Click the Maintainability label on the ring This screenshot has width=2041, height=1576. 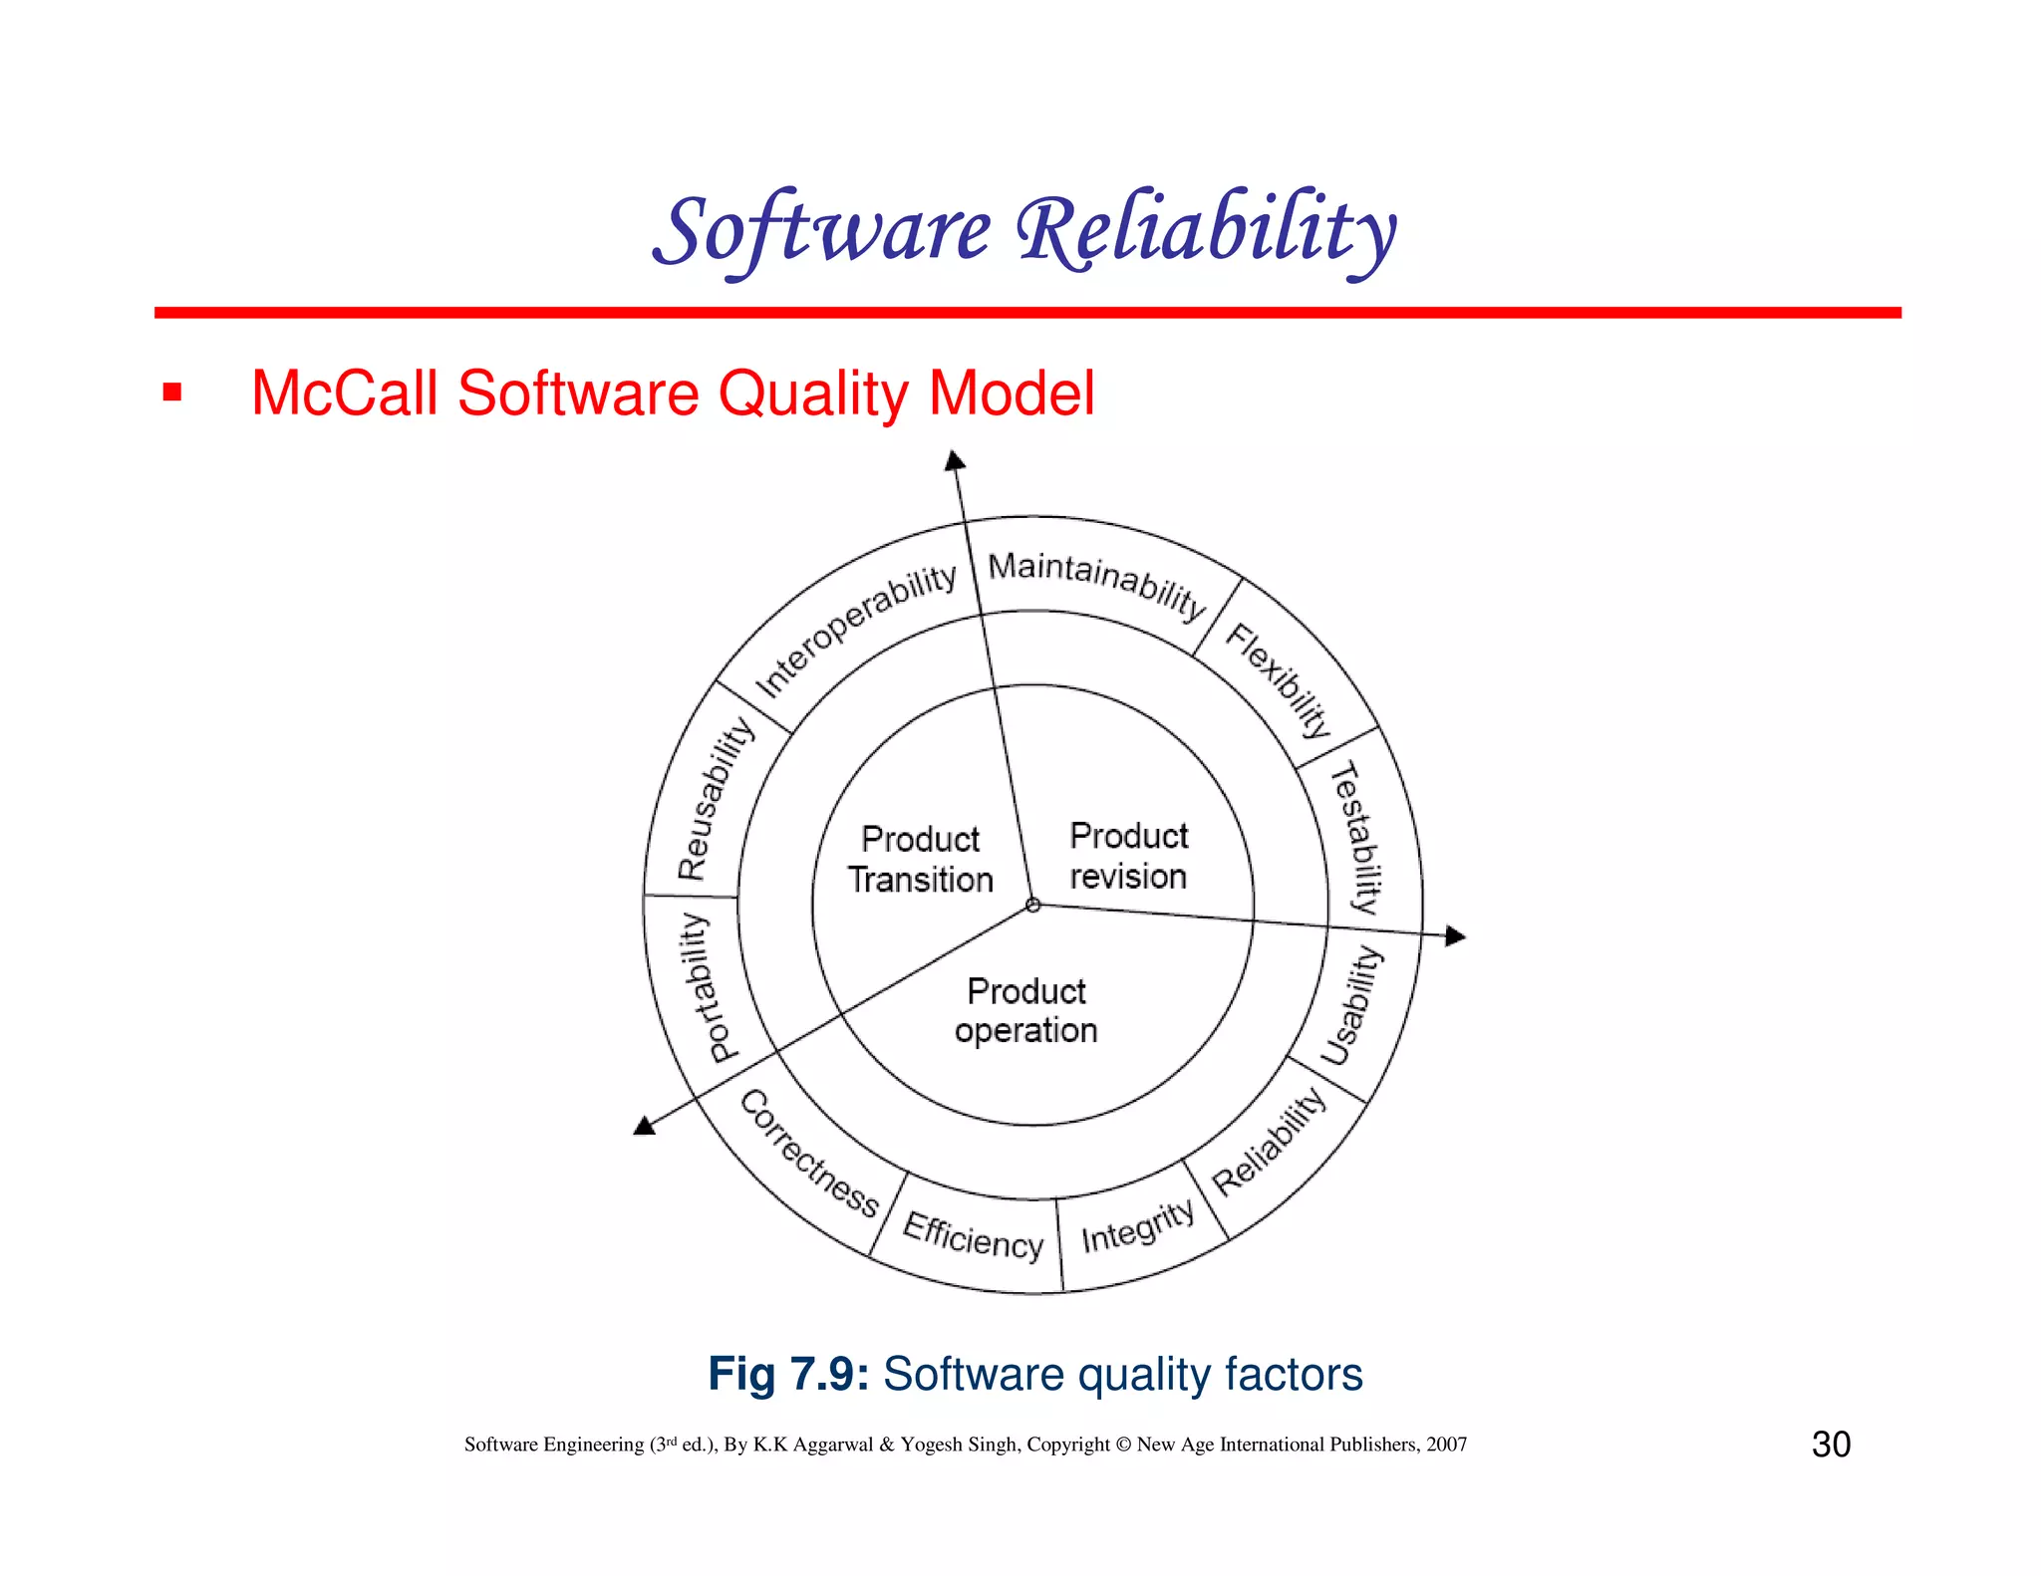click(x=1096, y=583)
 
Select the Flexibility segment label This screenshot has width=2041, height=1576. click(x=1279, y=679)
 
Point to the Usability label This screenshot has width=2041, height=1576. click(x=1352, y=1006)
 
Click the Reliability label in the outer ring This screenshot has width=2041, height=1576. click(x=1269, y=1142)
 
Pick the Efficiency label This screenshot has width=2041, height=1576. click(x=973, y=1236)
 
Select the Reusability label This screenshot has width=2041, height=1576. click(x=716, y=798)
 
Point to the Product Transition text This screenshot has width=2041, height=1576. click(x=921, y=860)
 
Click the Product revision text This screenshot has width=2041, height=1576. click(x=1128, y=856)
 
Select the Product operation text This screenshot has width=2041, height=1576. click(x=1026, y=1011)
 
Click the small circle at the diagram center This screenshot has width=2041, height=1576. click(x=1033, y=906)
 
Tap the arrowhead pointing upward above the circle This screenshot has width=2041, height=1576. click(x=955, y=460)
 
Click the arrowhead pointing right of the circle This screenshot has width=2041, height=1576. click(x=1455, y=935)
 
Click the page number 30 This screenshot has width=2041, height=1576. click(x=1831, y=1445)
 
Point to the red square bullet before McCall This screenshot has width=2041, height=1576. click(x=172, y=393)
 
